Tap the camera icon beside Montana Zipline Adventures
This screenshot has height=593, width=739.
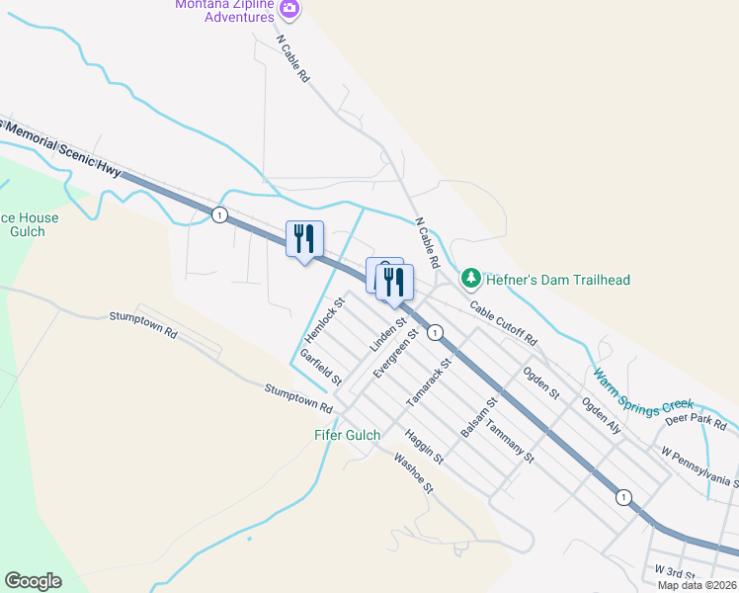pos(289,10)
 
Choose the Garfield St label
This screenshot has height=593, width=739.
pos(321,367)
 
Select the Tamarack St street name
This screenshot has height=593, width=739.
pos(429,383)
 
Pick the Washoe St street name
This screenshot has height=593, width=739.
pos(414,472)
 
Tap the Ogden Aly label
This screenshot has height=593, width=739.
pos(601,416)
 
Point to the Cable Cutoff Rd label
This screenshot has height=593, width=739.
pos(503,322)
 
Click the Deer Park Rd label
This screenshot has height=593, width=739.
pos(697,421)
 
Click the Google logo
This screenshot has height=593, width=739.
pos(33,581)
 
